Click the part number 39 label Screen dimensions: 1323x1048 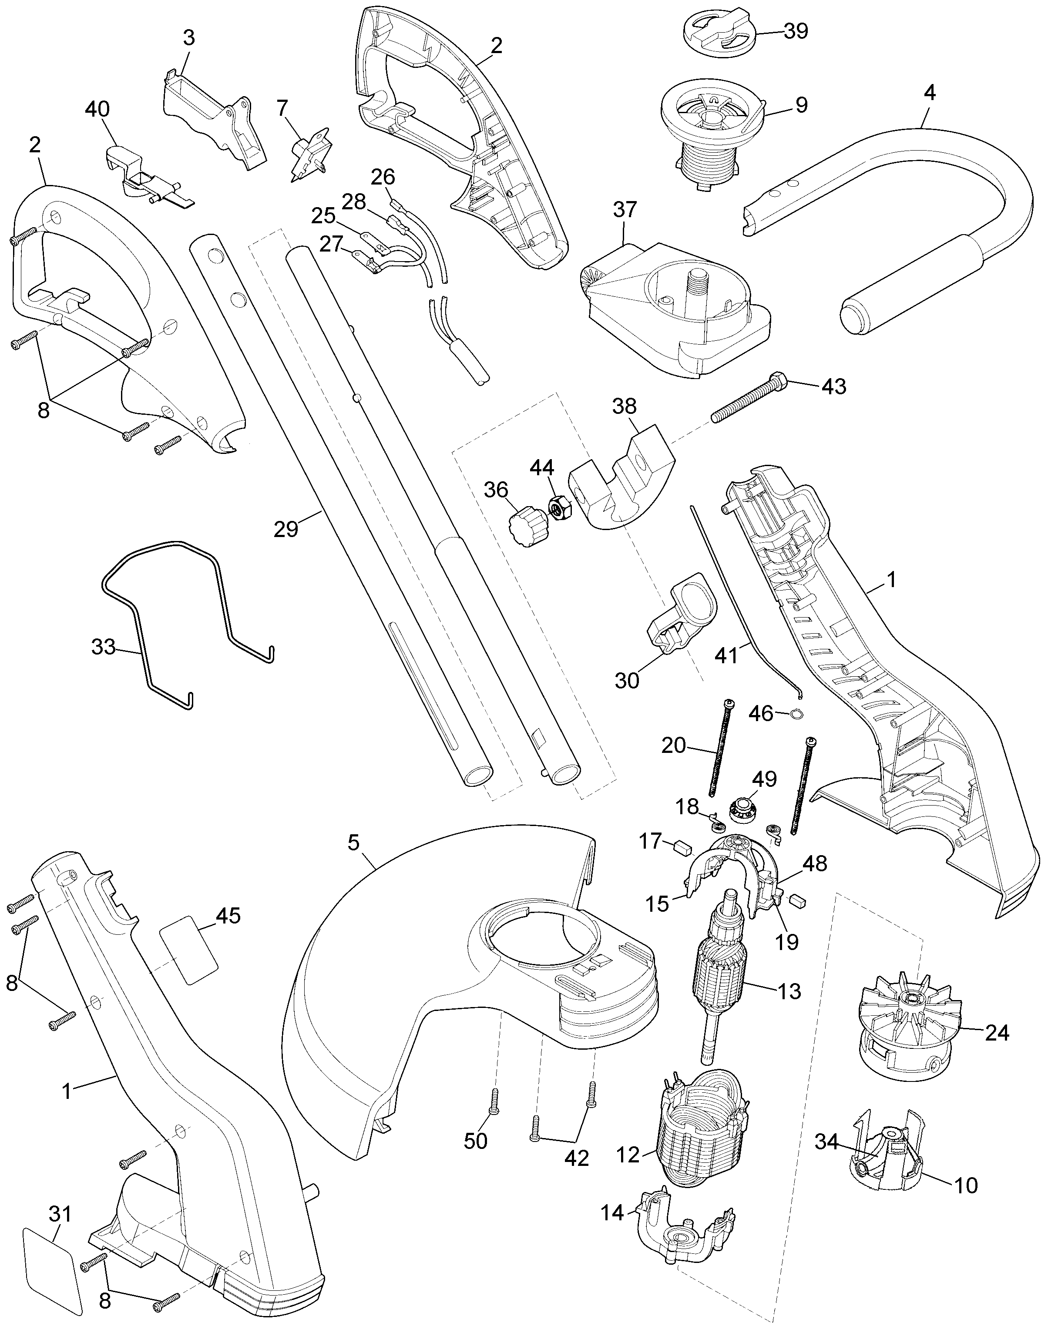[796, 31]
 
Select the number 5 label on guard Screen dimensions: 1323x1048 [353, 843]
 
